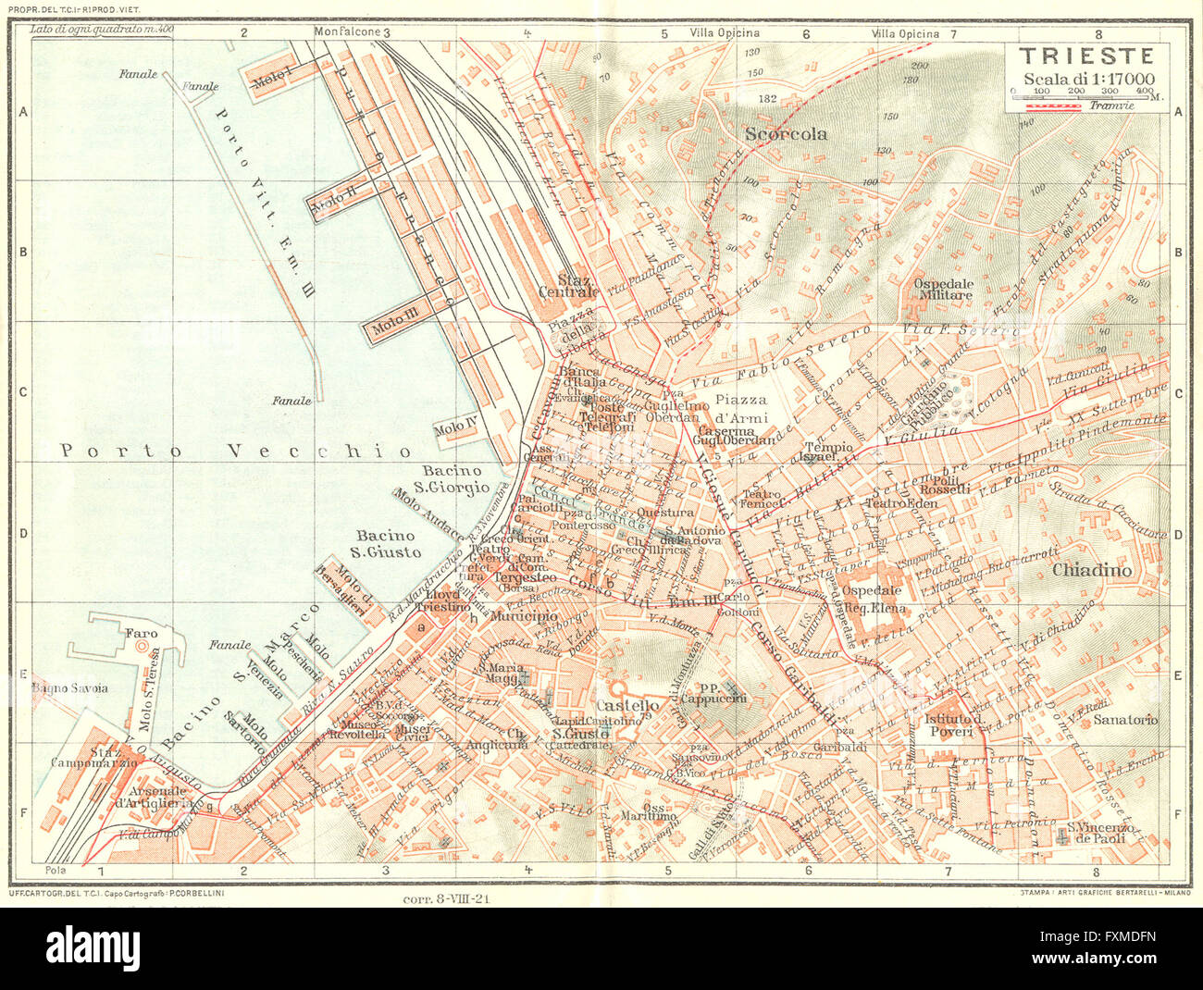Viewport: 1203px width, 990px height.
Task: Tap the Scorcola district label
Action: point(786,134)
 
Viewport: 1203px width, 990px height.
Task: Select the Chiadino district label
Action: point(1091,571)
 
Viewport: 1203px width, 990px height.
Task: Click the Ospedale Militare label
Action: point(943,289)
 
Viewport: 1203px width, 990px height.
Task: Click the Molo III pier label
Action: point(396,325)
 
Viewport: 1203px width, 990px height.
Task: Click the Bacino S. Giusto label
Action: point(389,544)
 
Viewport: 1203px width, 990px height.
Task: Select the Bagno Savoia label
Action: point(69,687)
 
